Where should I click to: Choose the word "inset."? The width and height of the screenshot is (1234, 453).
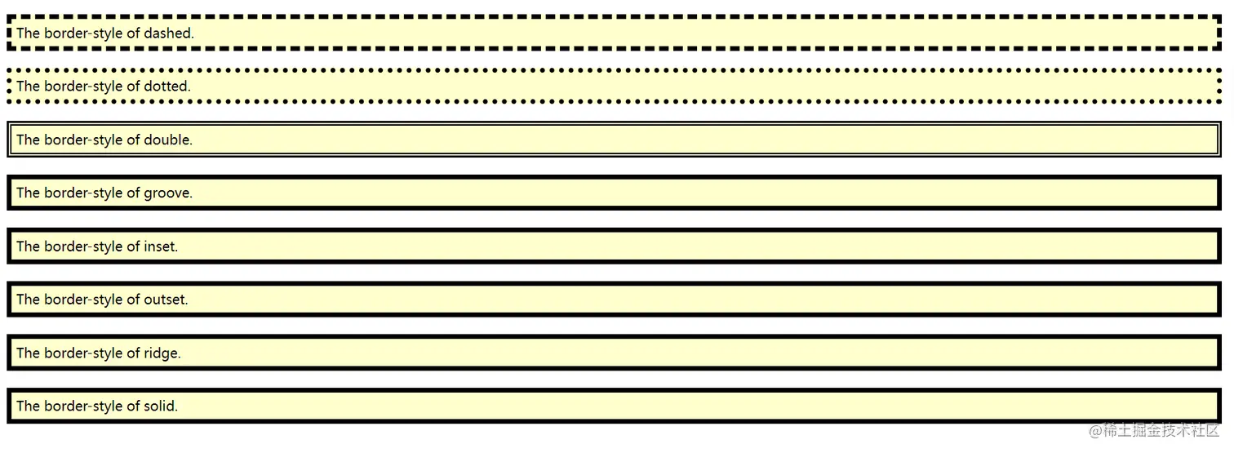pyautogui.click(x=161, y=246)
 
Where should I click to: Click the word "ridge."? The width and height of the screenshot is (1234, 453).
pyautogui.click(x=162, y=353)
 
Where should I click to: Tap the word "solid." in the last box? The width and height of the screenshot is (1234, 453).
pyautogui.click(x=161, y=406)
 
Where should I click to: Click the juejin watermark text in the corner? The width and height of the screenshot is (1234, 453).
pyautogui.click(x=1154, y=430)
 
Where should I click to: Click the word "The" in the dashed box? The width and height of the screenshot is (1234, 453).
pyautogui.click(x=28, y=33)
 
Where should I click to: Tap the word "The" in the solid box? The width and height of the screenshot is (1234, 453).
pyautogui.click(x=28, y=406)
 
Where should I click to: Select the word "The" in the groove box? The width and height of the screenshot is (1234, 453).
pyautogui.click(x=28, y=193)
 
